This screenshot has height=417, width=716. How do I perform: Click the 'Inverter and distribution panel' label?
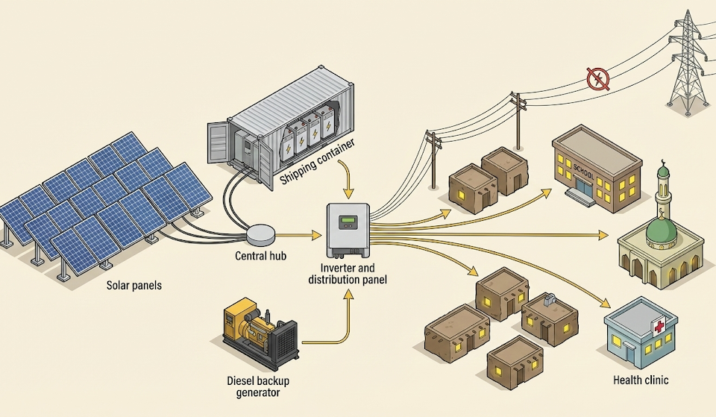tap(348, 274)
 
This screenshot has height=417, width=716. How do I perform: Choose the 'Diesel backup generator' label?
tap(258, 386)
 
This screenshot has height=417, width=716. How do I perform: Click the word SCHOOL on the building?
tap(584, 169)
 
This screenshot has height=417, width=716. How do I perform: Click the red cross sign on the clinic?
tap(659, 327)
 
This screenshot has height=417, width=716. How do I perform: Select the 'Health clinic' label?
tap(641, 380)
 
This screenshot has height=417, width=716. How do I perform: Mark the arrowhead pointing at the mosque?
tap(605, 236)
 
